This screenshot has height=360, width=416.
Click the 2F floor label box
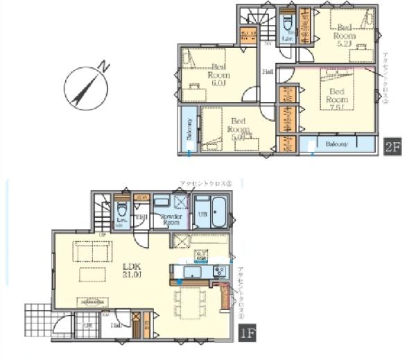tap(392, 146)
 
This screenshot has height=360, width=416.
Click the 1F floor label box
tap(248, 334)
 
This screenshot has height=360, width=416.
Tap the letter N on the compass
tap(102, 67)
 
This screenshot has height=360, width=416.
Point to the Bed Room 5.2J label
tap(344, 36)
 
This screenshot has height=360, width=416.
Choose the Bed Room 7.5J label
tap(336, 97)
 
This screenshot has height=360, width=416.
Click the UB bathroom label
tap(203, 214)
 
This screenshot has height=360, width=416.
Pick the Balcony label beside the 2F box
tap(337, 144)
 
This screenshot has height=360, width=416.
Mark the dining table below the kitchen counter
tap(189, 303)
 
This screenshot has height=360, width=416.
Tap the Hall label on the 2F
tap(267, 71)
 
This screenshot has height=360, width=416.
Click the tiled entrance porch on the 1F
tap(37, 320)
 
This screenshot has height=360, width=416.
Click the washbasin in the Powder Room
tap(162, 201)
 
